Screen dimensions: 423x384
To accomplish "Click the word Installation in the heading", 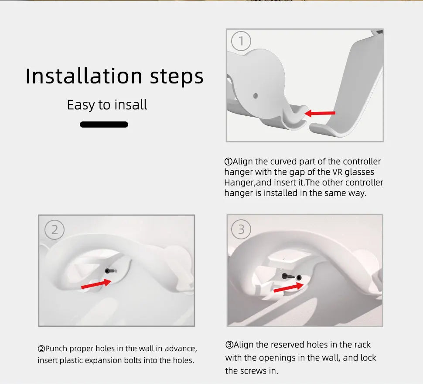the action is coord(84,76).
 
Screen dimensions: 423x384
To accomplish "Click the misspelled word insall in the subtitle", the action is coord(131,104).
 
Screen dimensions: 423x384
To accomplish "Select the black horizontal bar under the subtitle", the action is coord(104,125).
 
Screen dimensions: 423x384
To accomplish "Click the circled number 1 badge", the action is coord(241,41).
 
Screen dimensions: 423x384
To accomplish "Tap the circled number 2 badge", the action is coord(55,230).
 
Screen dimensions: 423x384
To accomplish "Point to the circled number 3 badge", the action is coord(241,229).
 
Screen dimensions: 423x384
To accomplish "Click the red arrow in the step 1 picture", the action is coord(320,113).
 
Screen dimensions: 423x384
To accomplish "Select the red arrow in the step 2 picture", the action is coord(96,284).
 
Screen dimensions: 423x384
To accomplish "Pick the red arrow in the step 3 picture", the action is coord(288,287).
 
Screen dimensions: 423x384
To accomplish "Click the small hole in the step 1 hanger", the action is coord(256,96).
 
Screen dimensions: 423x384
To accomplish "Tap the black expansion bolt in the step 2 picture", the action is coord(110,271).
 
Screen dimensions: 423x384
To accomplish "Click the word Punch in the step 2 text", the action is coord(56,349).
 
